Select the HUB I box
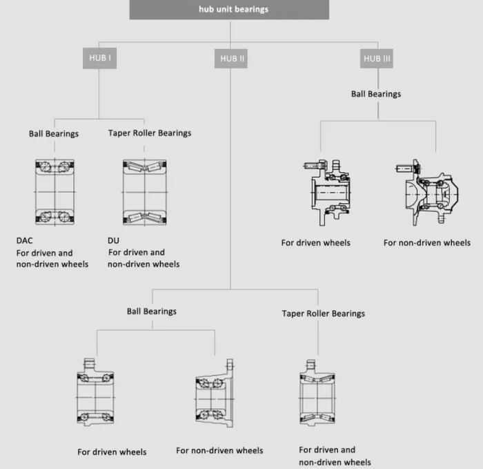(99, 58)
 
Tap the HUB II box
(232, 59)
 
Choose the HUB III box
(377, 59)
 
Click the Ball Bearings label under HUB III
(375, 94)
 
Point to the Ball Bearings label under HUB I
(54, 133)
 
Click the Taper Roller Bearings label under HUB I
(150, 133)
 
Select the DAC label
(25, 241)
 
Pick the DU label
(114, 241)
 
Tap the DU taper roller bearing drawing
(144, 191)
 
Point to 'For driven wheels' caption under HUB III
(315, 242)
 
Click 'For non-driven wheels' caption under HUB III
(427, 242)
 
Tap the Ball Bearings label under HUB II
(152, 312)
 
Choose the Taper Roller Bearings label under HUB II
(323, 314)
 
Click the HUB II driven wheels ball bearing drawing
(95, 394)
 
